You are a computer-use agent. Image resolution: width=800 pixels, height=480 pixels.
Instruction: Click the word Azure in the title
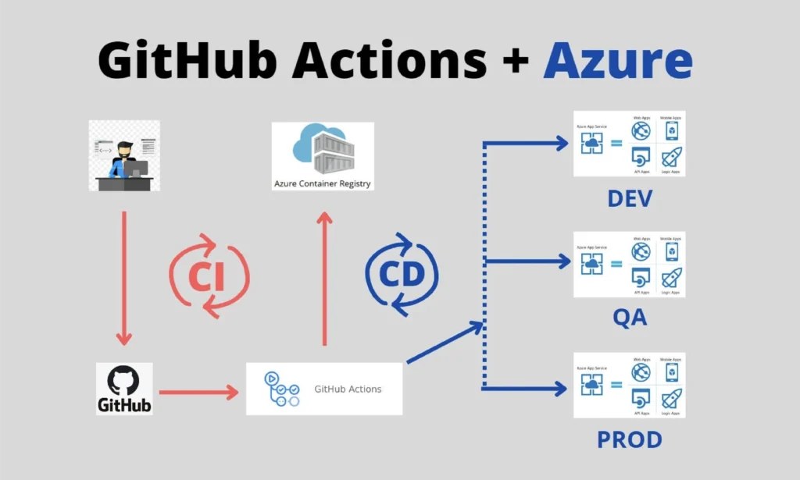pos(617,61)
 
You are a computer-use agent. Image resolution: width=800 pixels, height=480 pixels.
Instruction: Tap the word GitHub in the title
pos(187,61)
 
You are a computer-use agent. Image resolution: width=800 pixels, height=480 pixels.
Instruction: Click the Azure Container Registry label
pos(323,184)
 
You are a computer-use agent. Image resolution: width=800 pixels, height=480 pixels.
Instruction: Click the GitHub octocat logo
pos(124,380)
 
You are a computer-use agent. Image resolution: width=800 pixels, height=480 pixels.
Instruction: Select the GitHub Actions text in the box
pos(348,389)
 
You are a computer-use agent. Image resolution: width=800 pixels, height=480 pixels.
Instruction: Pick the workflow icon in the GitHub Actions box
pos(282,388)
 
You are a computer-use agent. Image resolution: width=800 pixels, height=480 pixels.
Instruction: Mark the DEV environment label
pos(629,199)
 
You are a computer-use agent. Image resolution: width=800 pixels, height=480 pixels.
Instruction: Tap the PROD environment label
pos(629,439)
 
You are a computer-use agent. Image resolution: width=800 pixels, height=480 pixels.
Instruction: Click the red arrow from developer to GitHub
pos(123,277)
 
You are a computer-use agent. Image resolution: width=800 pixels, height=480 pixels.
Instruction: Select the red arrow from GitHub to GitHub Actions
pos(199,391)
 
